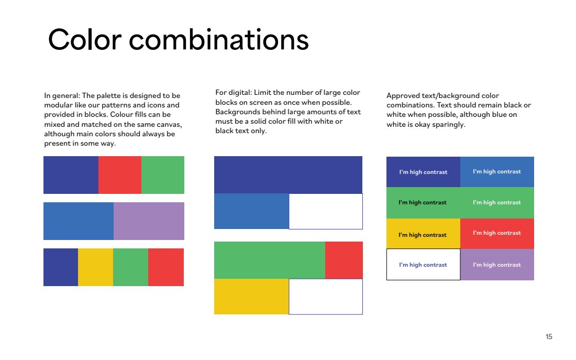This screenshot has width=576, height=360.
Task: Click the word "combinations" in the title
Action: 218,40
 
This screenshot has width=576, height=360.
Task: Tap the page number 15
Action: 549,336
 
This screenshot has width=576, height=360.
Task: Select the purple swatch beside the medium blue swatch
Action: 149,221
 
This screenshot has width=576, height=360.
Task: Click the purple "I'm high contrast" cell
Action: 497,265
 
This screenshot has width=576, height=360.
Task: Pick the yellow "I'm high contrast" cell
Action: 423,234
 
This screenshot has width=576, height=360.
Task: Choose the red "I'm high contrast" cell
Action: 497,234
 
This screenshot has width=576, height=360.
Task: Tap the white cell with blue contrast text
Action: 423,265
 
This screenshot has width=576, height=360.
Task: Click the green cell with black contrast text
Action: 423,203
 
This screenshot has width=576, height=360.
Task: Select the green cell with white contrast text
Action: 497,203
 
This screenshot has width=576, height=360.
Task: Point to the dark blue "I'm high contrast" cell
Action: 423,172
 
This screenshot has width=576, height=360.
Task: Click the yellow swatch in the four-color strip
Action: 95,267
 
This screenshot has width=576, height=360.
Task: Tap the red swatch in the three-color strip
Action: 120,175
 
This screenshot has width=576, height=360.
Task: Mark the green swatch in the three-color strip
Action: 163,175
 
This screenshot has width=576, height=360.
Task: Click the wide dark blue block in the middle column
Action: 289,175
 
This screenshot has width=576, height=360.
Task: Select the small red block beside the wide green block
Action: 344,260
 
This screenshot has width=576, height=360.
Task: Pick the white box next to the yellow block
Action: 326,297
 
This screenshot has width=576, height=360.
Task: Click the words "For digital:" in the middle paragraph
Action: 233,93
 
